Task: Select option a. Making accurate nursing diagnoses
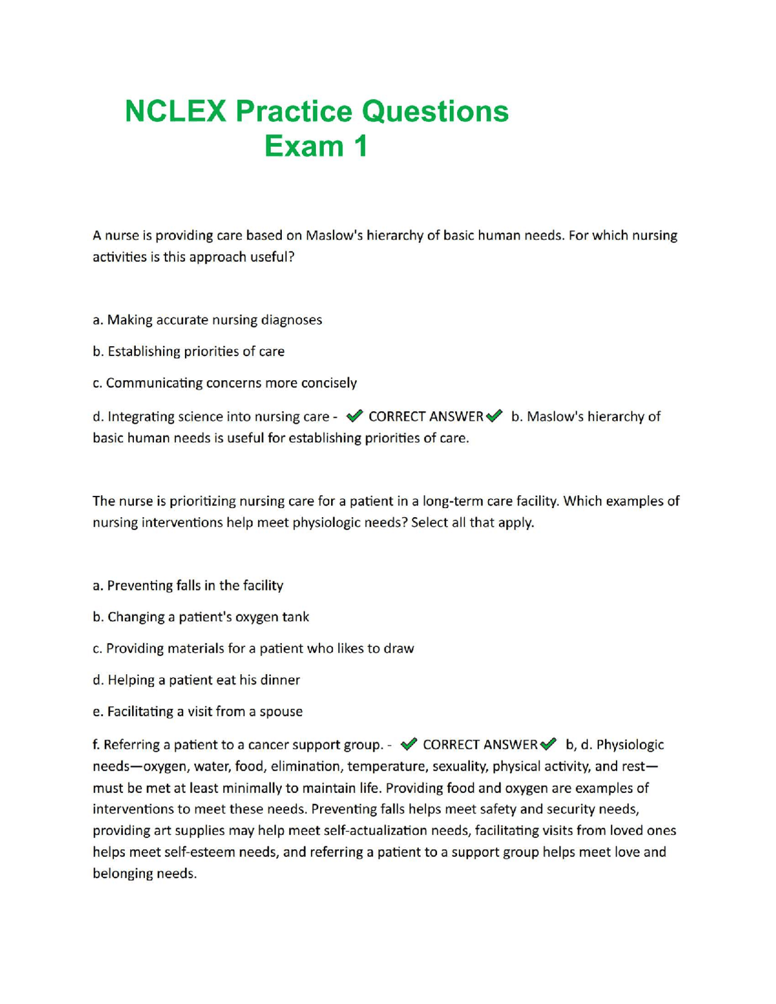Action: click(207, 320)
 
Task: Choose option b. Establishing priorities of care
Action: click(189, 351)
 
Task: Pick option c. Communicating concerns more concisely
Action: click(225, 383)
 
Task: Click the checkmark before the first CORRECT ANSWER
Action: click(355, 416)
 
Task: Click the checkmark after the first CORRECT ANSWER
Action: click(495, 416)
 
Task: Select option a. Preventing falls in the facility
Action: click(188, 585)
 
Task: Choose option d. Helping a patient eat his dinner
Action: click(196, 680)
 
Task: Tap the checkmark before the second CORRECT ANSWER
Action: click(409, 744)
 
